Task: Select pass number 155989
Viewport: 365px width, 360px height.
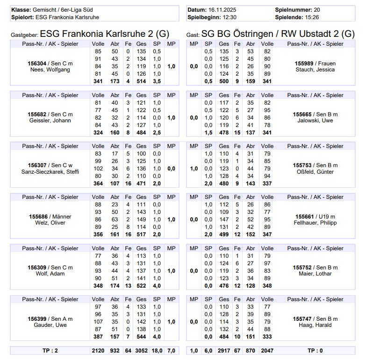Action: (x=304, y=63)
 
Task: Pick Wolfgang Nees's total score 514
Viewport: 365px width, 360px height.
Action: (x=141, y=81)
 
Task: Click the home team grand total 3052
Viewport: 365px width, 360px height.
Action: (x=141, y=350)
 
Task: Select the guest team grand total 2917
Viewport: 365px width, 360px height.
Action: (x=224, y=350)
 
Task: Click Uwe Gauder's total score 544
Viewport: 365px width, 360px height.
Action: (x=141, y=336)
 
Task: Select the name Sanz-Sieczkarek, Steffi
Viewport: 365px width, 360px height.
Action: (x=50, y=171)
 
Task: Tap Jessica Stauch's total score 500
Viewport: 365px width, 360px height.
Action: (x=224, y=81)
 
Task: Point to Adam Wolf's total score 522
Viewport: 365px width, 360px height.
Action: (x=141, y=285)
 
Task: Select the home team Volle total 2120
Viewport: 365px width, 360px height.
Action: (x=98, y=350)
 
